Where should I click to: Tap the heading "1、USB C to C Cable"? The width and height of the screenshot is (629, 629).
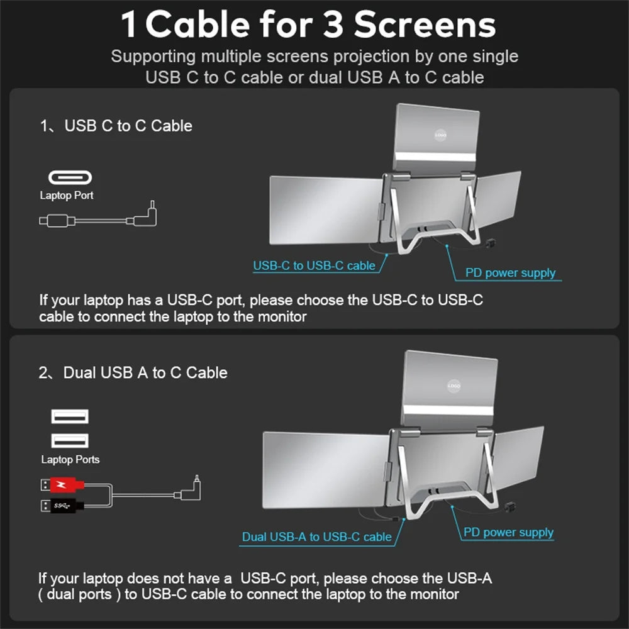(116, 126)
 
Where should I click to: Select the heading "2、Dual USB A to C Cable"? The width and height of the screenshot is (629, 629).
(133, 372)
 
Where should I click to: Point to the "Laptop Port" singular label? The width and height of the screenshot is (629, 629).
(67, 196)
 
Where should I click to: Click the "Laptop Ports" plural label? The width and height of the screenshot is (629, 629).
(70, 460)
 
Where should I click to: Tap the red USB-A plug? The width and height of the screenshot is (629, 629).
(62, 485)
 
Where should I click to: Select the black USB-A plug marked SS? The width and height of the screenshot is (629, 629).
(62, 504)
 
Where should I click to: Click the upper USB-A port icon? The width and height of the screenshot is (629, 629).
(69, 416)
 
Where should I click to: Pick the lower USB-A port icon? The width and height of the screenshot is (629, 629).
(69, 440)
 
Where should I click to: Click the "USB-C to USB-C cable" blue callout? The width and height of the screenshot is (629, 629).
(314, 265)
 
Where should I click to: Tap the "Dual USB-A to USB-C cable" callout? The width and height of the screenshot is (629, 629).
(316, 537)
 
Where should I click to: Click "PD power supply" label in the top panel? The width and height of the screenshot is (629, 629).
(510, 273)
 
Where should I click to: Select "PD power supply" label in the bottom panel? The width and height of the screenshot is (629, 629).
(508, 533)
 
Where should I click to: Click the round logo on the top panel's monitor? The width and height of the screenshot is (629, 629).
(441, 135)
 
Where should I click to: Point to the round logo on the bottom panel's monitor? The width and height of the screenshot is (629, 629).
(454, 386)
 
